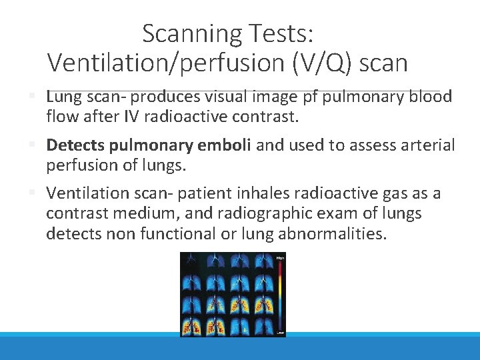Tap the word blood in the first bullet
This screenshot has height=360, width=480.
431,97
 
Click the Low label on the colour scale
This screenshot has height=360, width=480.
280,331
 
